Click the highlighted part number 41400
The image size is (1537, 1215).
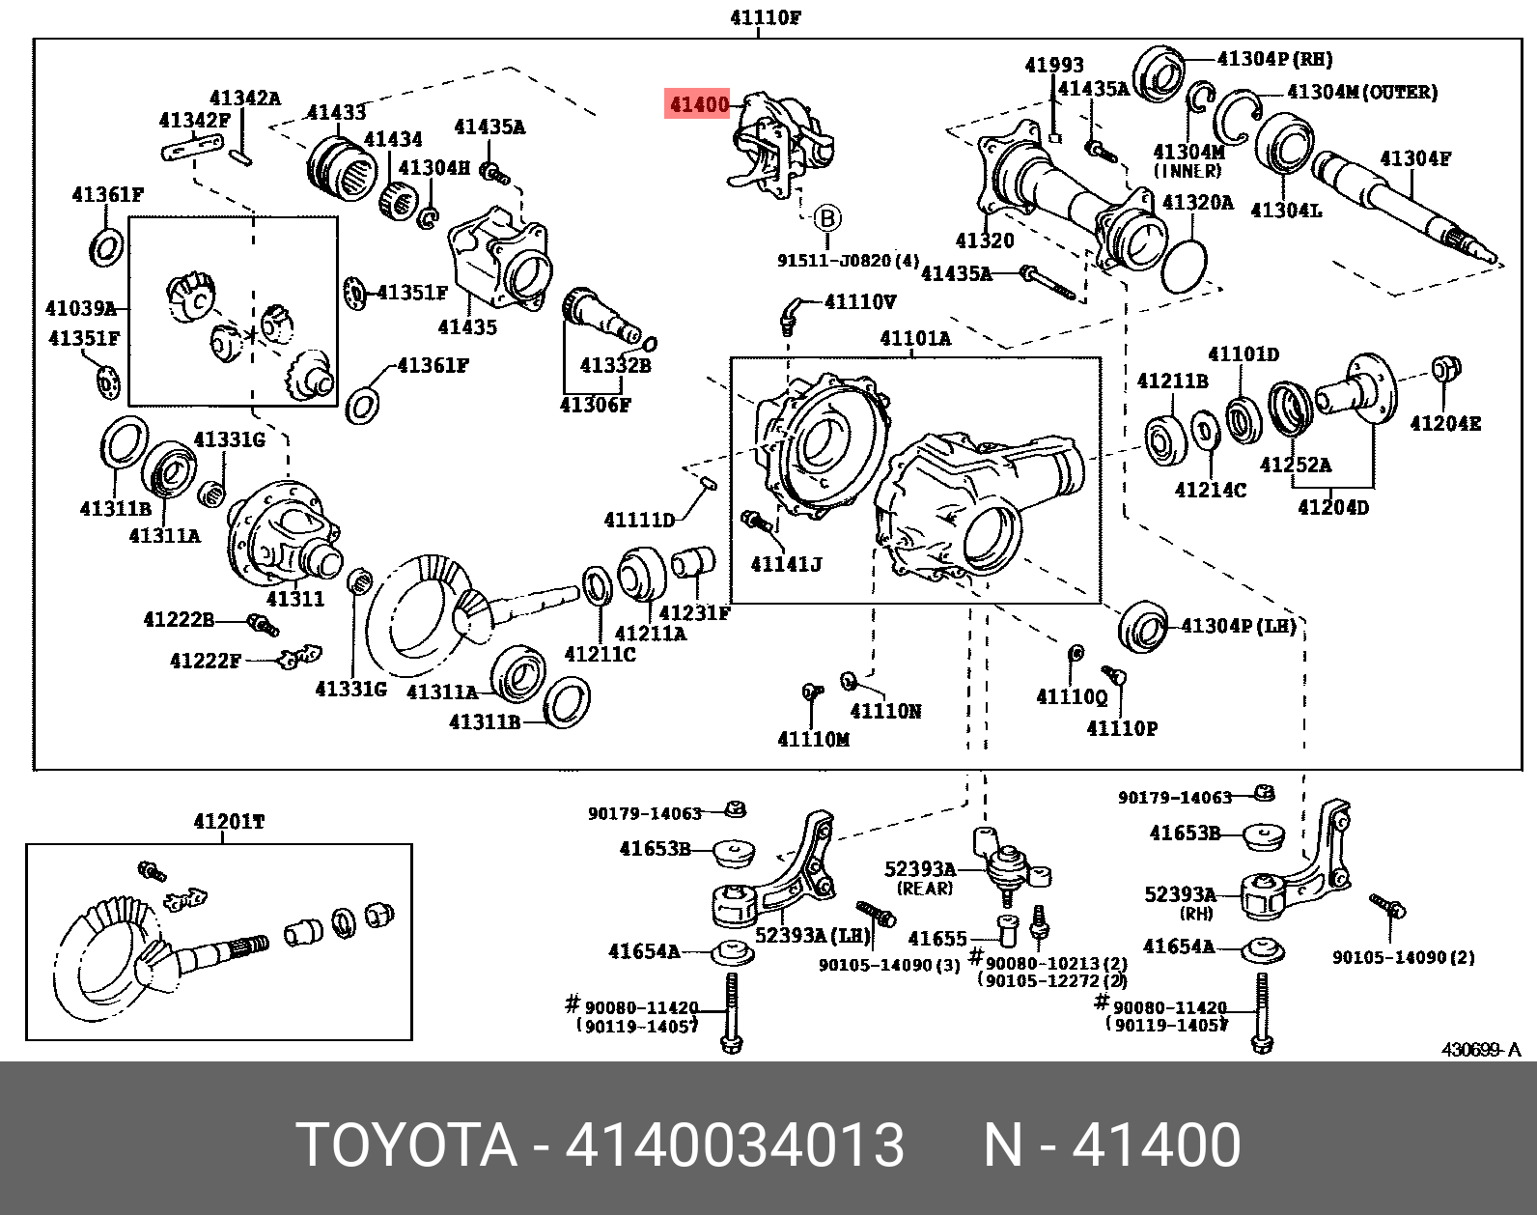point(698,104)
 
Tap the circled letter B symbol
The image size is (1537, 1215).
point(827,219)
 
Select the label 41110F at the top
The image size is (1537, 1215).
point(766,17)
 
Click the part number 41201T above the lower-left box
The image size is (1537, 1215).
point(229,822)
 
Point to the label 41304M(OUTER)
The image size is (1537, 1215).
point(1362,92)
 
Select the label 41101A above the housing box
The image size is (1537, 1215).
point(915,338)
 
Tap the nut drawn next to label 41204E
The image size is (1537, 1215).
point(1445,369)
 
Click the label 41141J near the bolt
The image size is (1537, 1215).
point(787,564)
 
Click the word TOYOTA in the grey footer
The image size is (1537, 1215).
point(406,1145)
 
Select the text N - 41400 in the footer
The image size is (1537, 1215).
point(1111,1145)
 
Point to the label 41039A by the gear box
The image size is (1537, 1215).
point(81,308)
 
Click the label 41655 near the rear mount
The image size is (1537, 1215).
point(937,938)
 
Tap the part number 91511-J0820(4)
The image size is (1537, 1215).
point(848,261)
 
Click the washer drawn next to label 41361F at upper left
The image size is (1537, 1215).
point(106,247)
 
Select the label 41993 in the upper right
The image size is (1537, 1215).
point(1054,65)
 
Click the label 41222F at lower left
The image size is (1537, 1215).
point(205,661)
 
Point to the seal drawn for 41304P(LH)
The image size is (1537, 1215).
point(1144,628)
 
